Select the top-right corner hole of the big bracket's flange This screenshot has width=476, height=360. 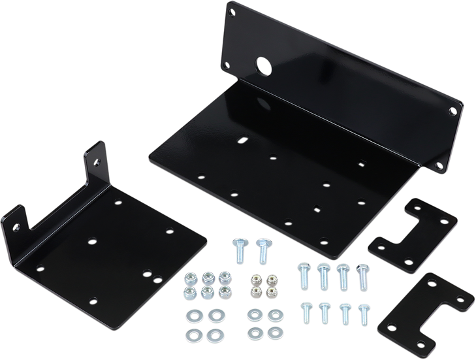(452, 112)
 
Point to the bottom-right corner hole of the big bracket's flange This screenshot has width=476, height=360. (446, 165)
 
